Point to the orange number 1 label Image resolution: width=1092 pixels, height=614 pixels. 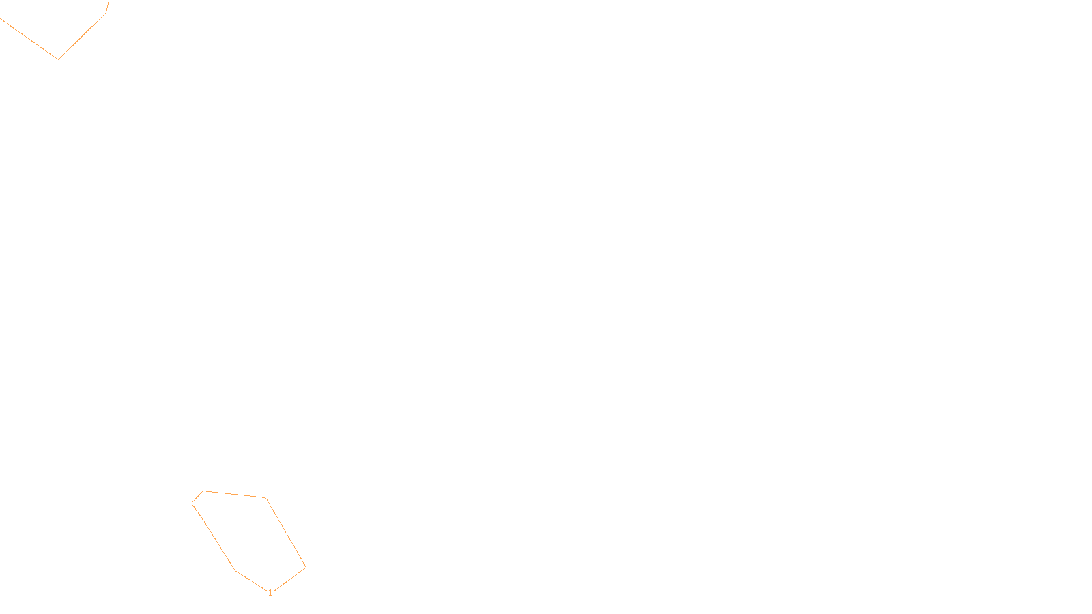tap(270, 593)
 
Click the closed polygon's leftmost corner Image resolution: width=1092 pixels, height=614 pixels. tap(192, 503)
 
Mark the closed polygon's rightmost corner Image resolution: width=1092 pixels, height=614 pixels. tap(306, 567)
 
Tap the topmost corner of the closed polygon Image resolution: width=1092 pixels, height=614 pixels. tap(203, 491)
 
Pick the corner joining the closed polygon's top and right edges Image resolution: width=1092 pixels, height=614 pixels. tap(265, 498)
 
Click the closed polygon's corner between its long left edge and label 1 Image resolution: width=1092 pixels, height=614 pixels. tap(235, 570)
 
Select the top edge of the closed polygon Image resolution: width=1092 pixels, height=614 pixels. tap(234, 494)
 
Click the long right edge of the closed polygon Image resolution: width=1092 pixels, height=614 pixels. tap(285, 532)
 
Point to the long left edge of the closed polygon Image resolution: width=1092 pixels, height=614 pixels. tap(214, 537)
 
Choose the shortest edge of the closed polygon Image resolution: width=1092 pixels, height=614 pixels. tap(197, 497)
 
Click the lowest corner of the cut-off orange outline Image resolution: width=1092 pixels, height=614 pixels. tap(58, 59)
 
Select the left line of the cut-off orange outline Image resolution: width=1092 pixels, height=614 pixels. tap(29, 39)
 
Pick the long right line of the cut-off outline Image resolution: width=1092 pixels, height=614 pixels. tap(82, 36)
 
